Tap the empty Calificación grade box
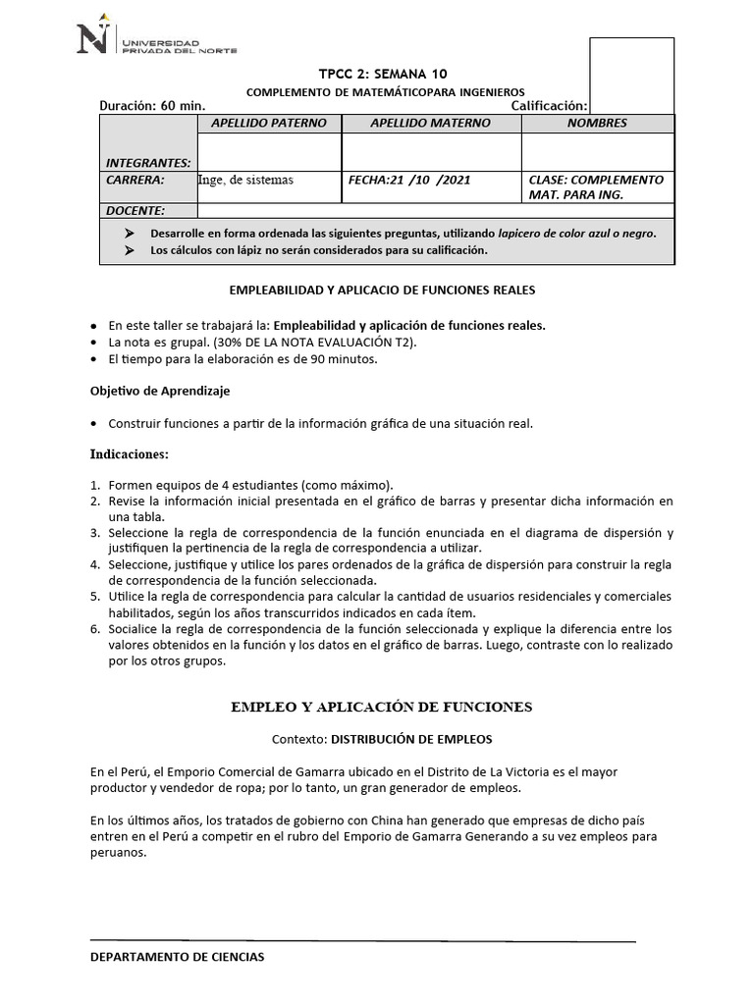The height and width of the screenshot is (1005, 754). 631,75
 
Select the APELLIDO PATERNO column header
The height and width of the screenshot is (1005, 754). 269,124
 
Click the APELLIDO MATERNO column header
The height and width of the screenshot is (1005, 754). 431,124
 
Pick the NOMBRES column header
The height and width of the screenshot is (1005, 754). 597,124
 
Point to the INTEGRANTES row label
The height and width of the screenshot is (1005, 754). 148,163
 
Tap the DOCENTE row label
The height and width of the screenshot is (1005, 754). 135,211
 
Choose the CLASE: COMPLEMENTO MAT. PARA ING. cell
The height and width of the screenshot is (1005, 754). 596,187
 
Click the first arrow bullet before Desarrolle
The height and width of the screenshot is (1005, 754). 130,234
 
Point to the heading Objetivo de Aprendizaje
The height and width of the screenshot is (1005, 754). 160,391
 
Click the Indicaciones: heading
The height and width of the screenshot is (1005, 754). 130,455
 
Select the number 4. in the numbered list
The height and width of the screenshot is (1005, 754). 95,565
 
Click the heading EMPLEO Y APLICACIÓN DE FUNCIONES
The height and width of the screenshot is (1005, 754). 381,707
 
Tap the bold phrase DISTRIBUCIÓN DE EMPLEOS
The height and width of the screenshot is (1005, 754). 411,738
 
